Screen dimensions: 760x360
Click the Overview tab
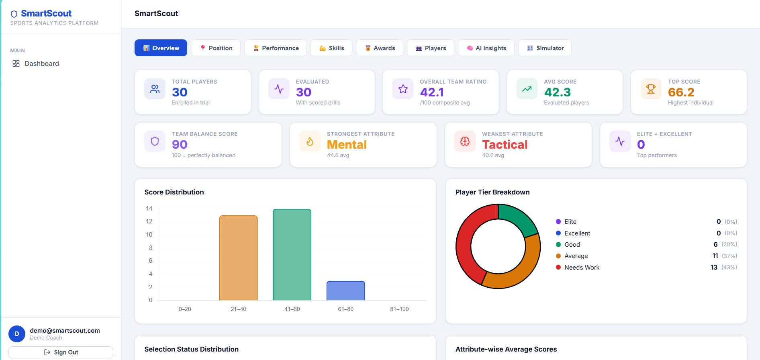click(161, 48)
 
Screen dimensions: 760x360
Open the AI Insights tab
click(486, 48)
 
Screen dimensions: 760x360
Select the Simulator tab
click(545, 48)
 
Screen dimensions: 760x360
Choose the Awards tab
click(379, 48)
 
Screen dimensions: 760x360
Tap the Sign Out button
click(61, 352)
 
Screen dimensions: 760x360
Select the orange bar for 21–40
click(238, 258)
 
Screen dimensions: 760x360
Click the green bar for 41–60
click(292, 255)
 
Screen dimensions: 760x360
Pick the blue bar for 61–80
click(345, 290)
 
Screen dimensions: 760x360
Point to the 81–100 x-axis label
click(399, 309)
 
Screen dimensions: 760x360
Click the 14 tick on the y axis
click(149, 208)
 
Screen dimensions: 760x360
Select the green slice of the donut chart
click(517, 219)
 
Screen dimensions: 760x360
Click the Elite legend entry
click(566, 222)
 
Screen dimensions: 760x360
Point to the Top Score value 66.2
click(681, 92)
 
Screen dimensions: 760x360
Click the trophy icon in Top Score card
click(651, 89)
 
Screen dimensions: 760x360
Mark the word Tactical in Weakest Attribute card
click(505, 145)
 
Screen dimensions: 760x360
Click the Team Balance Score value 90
click(180, 145)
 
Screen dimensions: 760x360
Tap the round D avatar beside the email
click(17, 334)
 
